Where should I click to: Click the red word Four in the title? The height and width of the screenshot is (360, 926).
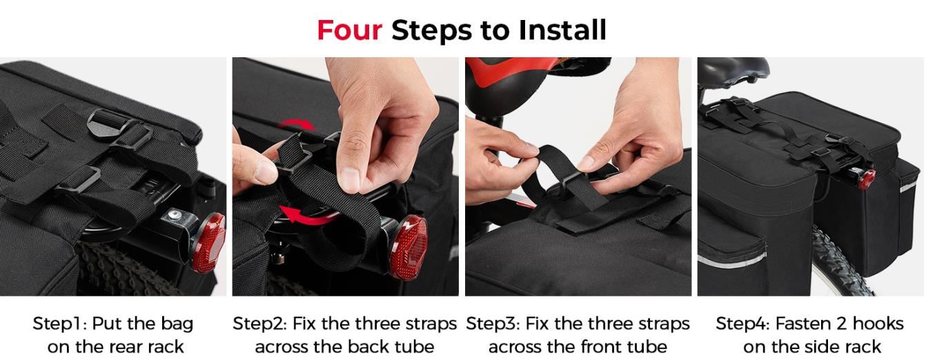pos(349,30)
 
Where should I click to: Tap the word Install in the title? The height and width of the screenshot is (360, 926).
pos(562,30)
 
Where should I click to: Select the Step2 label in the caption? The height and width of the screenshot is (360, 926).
pos(259,323)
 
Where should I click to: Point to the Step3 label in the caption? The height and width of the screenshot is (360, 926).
pos(493,323)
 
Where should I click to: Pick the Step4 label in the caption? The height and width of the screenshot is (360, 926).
pos(742,323)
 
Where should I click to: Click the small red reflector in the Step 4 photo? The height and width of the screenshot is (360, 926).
pos(867,179)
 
